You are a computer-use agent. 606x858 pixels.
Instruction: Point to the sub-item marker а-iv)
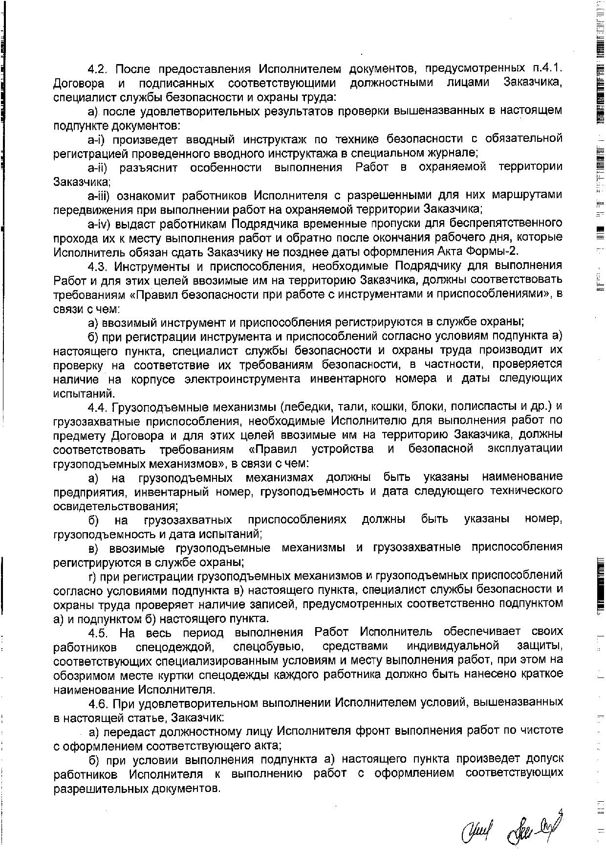[x=100, y=224]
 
